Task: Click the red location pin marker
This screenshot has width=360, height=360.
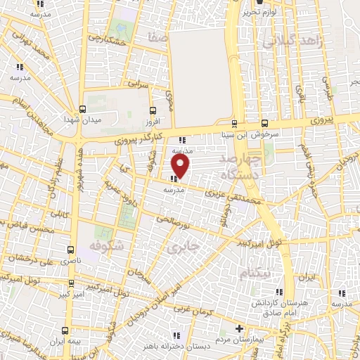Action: (181, 166)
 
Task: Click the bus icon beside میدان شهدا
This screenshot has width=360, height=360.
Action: (84, 109)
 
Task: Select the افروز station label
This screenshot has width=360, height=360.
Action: (153, 120)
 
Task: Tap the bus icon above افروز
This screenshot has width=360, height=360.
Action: (154, 110)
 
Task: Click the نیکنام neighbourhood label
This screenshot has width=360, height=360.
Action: (252, 272)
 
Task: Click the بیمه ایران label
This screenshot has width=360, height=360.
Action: (73, 341)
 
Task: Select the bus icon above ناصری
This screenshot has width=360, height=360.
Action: (70, 250)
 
